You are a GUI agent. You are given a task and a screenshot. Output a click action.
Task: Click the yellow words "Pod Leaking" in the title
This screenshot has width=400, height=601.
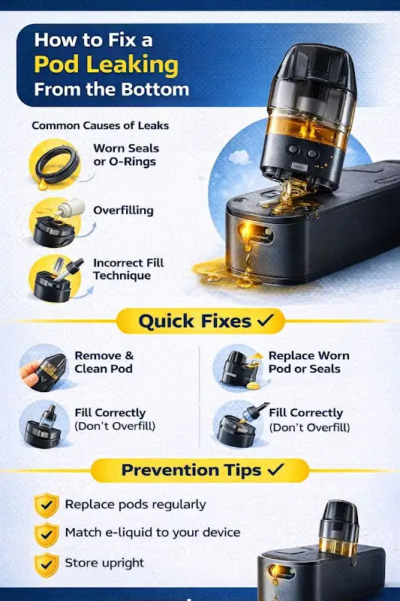pyautogui.click(x=106, y=65)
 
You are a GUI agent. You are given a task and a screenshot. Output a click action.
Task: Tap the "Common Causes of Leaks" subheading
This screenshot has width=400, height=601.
pyautogui.click(x=101, y=125)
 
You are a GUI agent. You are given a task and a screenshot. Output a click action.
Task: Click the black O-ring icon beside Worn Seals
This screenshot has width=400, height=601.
pyautogui.click(x=58, y=165)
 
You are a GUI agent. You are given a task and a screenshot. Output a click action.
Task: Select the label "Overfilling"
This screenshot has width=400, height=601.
pyautogui.click(x=123, y=210)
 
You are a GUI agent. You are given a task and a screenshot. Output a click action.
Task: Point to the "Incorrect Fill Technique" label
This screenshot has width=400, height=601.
pyautogui.click(x=128, y=269)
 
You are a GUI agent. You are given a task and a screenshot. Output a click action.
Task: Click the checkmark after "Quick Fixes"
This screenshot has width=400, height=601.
pyautogui.click(x=266, y=320)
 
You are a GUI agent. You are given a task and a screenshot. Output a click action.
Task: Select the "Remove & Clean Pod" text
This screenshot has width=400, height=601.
pyautogui.click(x=104, y=362)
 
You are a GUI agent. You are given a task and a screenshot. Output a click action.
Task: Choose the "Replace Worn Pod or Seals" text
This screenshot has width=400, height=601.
pyautogui.click(x=308, y=362)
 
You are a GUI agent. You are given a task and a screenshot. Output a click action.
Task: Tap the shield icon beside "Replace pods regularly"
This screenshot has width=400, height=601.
pyautogui.click(x=47, y=505)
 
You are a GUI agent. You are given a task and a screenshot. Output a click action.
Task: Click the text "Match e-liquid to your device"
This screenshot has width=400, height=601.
pyautogui.click(x=152, y=533)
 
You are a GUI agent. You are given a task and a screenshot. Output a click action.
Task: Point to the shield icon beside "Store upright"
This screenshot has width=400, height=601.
pyautogui.click(x=47, y=565)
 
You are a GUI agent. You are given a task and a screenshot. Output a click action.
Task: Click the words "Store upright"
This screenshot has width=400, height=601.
pyautogui.click(x=104, y=563)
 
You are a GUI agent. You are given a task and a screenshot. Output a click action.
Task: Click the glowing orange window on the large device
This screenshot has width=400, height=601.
pyautogui.click(x=256, y=233)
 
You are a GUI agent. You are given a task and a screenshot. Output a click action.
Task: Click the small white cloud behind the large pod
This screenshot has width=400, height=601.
pyautogui.click(x=239, y=157)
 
